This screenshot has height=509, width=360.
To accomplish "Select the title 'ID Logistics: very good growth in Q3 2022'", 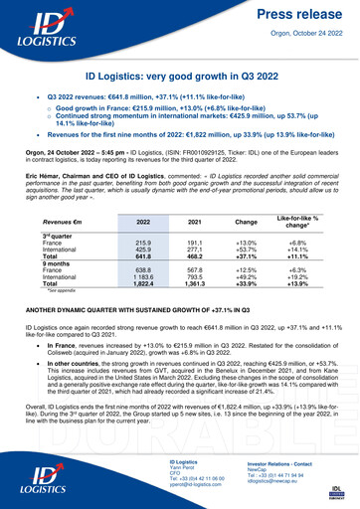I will (x=180, y=76).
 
